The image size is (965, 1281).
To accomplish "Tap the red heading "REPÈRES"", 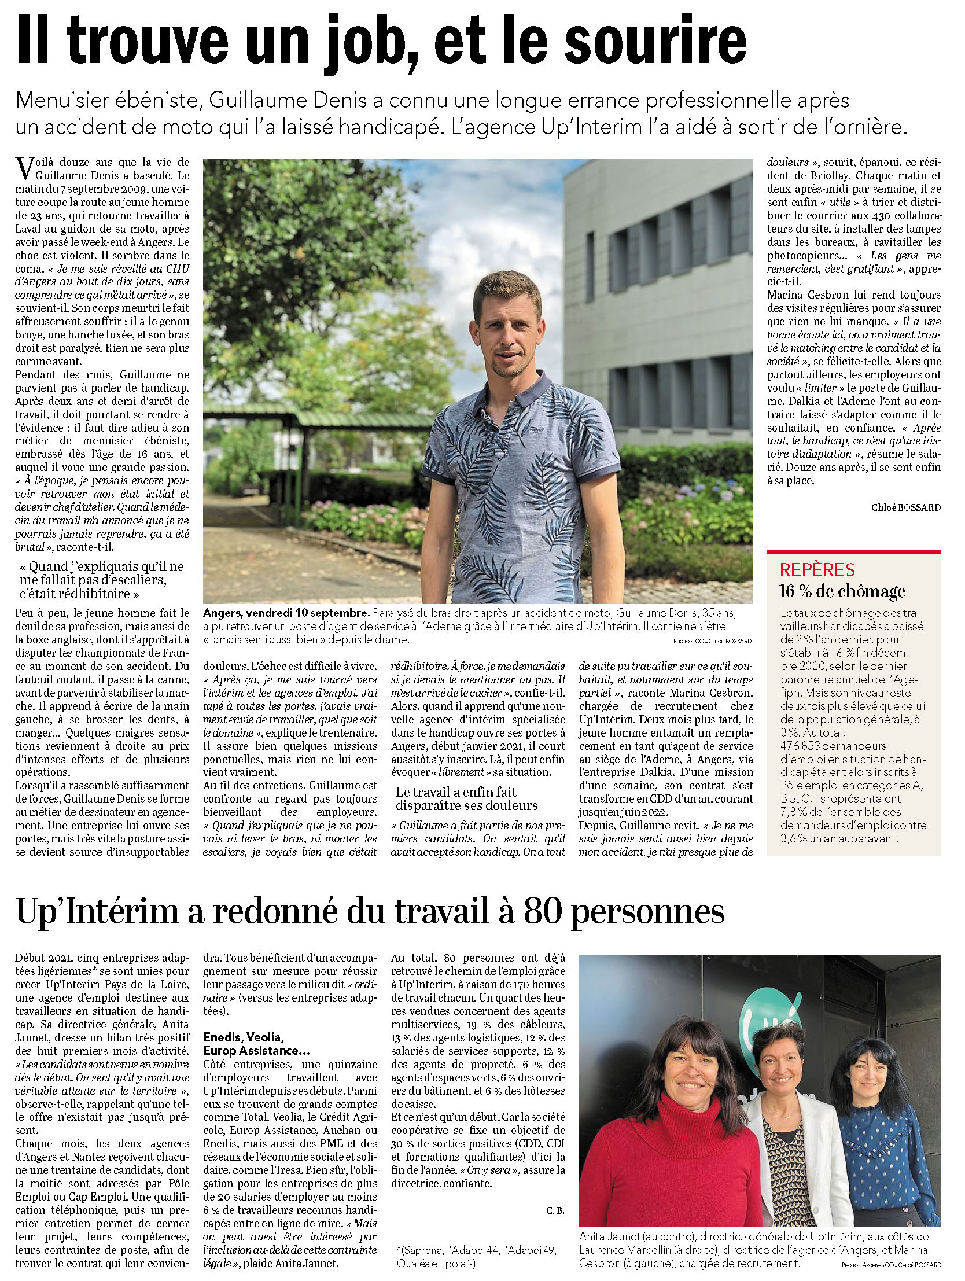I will pos(817,570).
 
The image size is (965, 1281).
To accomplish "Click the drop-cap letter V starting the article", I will pos(25,168).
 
